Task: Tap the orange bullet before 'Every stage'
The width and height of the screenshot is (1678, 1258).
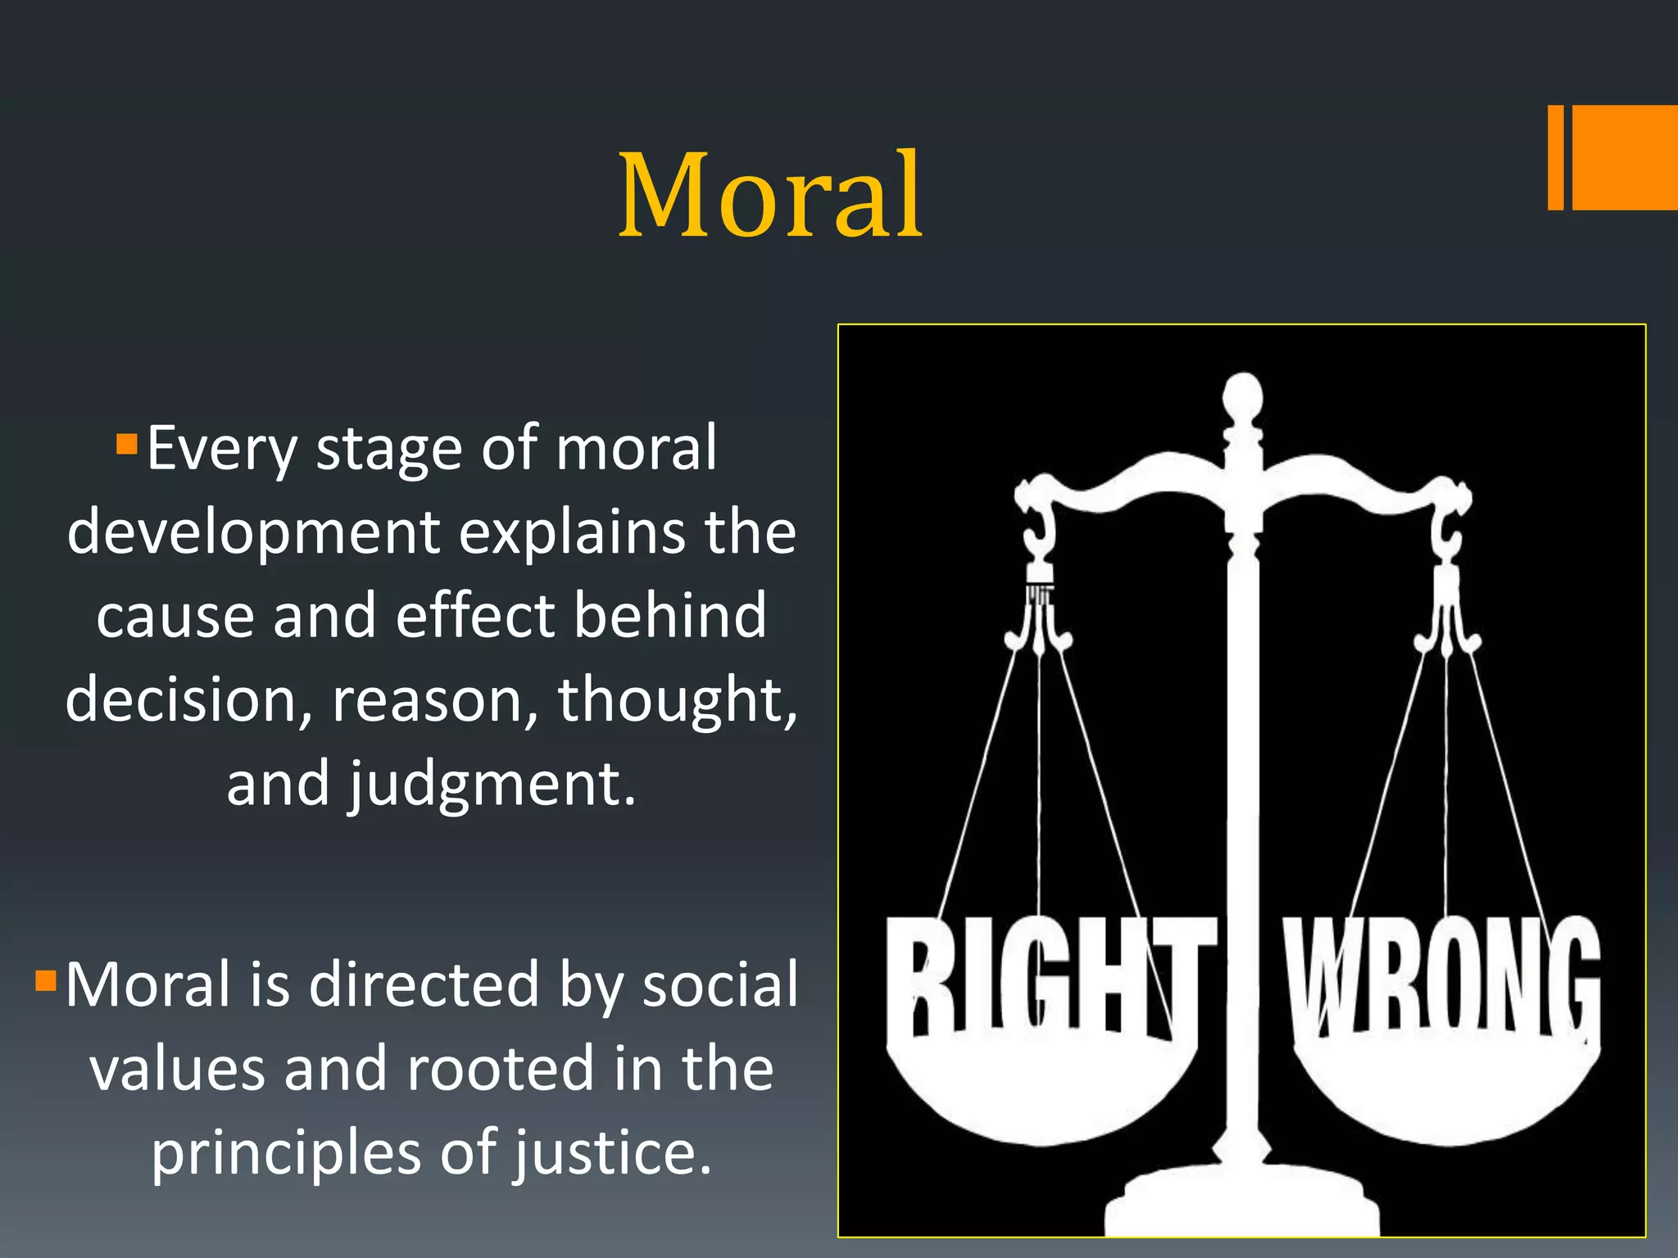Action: tap(126, 445)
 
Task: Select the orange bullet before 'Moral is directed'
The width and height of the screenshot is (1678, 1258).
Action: tap(45, 980)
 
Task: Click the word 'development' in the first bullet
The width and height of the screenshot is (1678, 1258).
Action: tap(253, 533)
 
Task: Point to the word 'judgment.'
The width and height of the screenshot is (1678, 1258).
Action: tap(492, 785)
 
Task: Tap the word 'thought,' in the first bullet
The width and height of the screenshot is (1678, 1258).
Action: tap(677, 700)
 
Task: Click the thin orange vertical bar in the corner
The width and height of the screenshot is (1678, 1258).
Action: tap(1555, 157)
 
